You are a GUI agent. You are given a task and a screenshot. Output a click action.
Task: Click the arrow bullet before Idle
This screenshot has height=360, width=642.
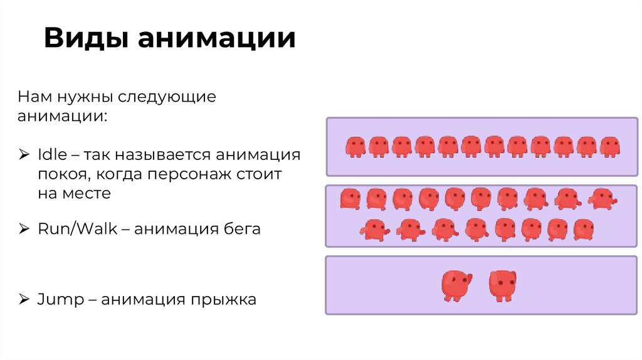pos(23,155)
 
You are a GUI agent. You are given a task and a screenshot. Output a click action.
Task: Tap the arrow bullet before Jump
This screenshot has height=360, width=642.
pos(23,300)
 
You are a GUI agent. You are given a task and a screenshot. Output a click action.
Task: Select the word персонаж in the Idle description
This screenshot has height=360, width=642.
pos(194,174)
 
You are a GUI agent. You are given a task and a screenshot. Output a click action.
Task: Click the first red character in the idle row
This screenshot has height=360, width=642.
pos(355,147)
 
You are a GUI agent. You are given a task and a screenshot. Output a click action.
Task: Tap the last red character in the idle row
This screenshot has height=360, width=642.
pos(609,147)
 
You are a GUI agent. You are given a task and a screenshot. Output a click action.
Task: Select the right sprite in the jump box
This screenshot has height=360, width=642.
pos(502,286)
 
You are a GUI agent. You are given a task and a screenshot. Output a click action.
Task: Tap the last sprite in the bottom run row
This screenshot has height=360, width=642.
pos(583,230)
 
